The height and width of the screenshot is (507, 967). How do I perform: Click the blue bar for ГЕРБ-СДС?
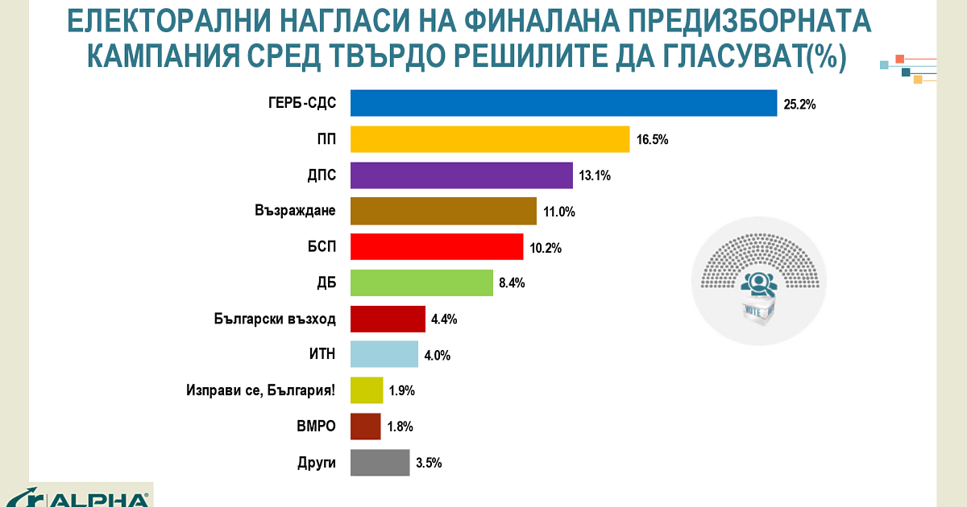coord(563,103)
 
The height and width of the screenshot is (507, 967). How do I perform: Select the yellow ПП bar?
coord(490,139)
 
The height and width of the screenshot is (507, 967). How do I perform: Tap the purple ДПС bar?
coord(462,175)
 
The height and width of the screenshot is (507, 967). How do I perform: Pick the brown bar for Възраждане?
coord(443,211)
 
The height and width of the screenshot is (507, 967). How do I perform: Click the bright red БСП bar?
coord(437,247)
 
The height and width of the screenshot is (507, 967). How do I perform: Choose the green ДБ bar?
coord(421,282)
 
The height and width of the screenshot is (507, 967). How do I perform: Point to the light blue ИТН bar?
coord(384,354)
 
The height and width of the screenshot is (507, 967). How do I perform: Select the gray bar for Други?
coord(380,463)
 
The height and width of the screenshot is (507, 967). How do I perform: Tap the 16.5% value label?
coord(652,140)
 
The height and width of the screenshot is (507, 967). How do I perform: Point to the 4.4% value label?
coord(444,319)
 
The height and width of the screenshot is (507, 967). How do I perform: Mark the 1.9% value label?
coord(401,391)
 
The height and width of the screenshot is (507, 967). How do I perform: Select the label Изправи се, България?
coord(260,391)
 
